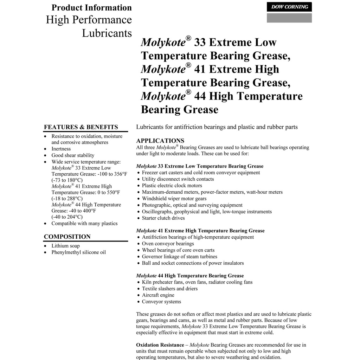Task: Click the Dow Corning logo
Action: point(289,7)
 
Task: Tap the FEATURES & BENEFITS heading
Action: point(81,127)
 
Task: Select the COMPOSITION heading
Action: point(67,237)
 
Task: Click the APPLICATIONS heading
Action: point(160,141)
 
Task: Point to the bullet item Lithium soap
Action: point(65,246)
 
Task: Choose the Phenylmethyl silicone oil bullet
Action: point(78,252)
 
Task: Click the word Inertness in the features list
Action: point(61,149)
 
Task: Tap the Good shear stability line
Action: point(73,155)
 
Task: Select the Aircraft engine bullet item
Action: point(158,295)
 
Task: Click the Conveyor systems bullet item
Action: point(161,302)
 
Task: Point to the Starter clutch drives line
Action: point(163,218)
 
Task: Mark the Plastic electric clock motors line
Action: point(172,186)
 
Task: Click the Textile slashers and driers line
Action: point(170,289)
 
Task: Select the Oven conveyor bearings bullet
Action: point(168,244)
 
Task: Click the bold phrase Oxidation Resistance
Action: point(160,345)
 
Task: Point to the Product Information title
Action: point(91,8)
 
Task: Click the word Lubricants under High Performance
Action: point(107,33)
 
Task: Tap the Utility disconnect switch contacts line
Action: point(178,179)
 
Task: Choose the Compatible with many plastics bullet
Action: point(84,224)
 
